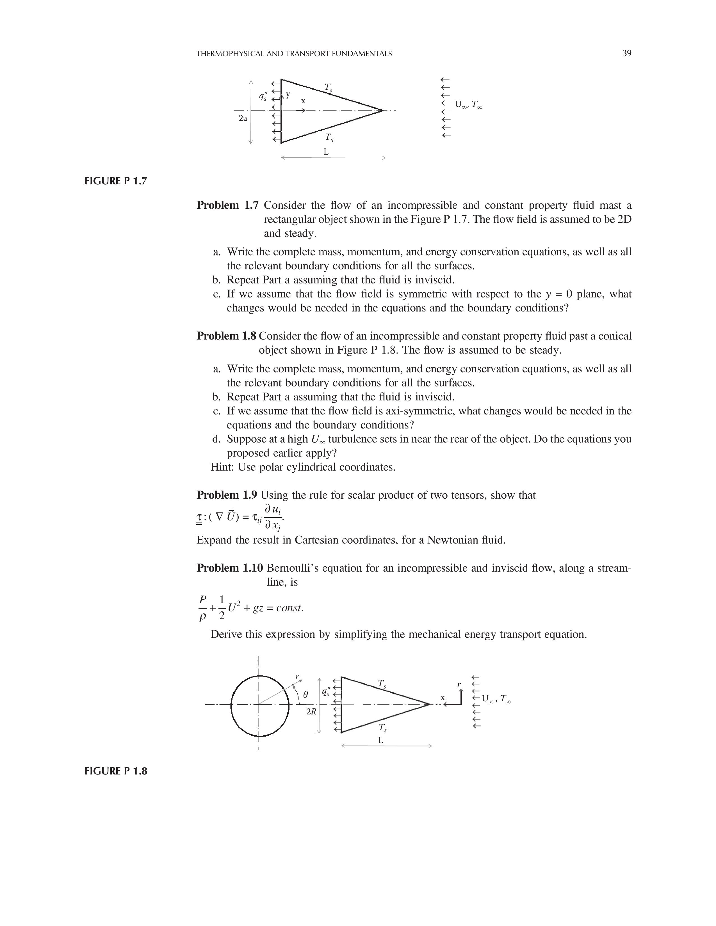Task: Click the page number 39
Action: point(626,53)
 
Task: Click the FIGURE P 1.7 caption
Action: point(115,181)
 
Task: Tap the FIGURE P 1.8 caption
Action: point(115,771)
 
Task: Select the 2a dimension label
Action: point(243,118)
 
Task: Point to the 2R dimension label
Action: point(311,712)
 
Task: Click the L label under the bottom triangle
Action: point(380,740)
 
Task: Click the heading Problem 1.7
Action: point(227,205)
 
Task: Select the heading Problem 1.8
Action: point(227,336)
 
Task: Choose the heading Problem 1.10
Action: point(229,568)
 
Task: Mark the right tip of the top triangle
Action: point(383,111)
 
